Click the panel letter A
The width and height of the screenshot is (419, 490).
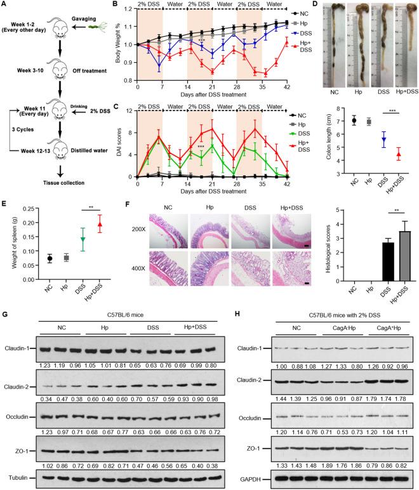click(5, 6)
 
